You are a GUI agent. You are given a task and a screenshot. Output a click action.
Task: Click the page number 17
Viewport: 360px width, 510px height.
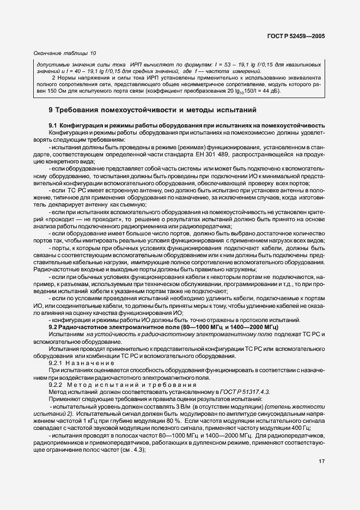tap(321, 461)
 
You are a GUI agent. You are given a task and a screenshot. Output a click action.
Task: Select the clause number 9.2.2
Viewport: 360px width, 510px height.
tap(56, 384)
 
